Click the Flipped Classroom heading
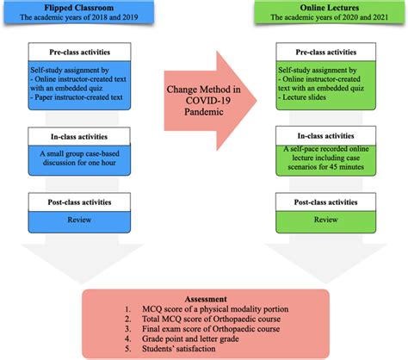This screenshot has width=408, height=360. coord(74,9)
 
